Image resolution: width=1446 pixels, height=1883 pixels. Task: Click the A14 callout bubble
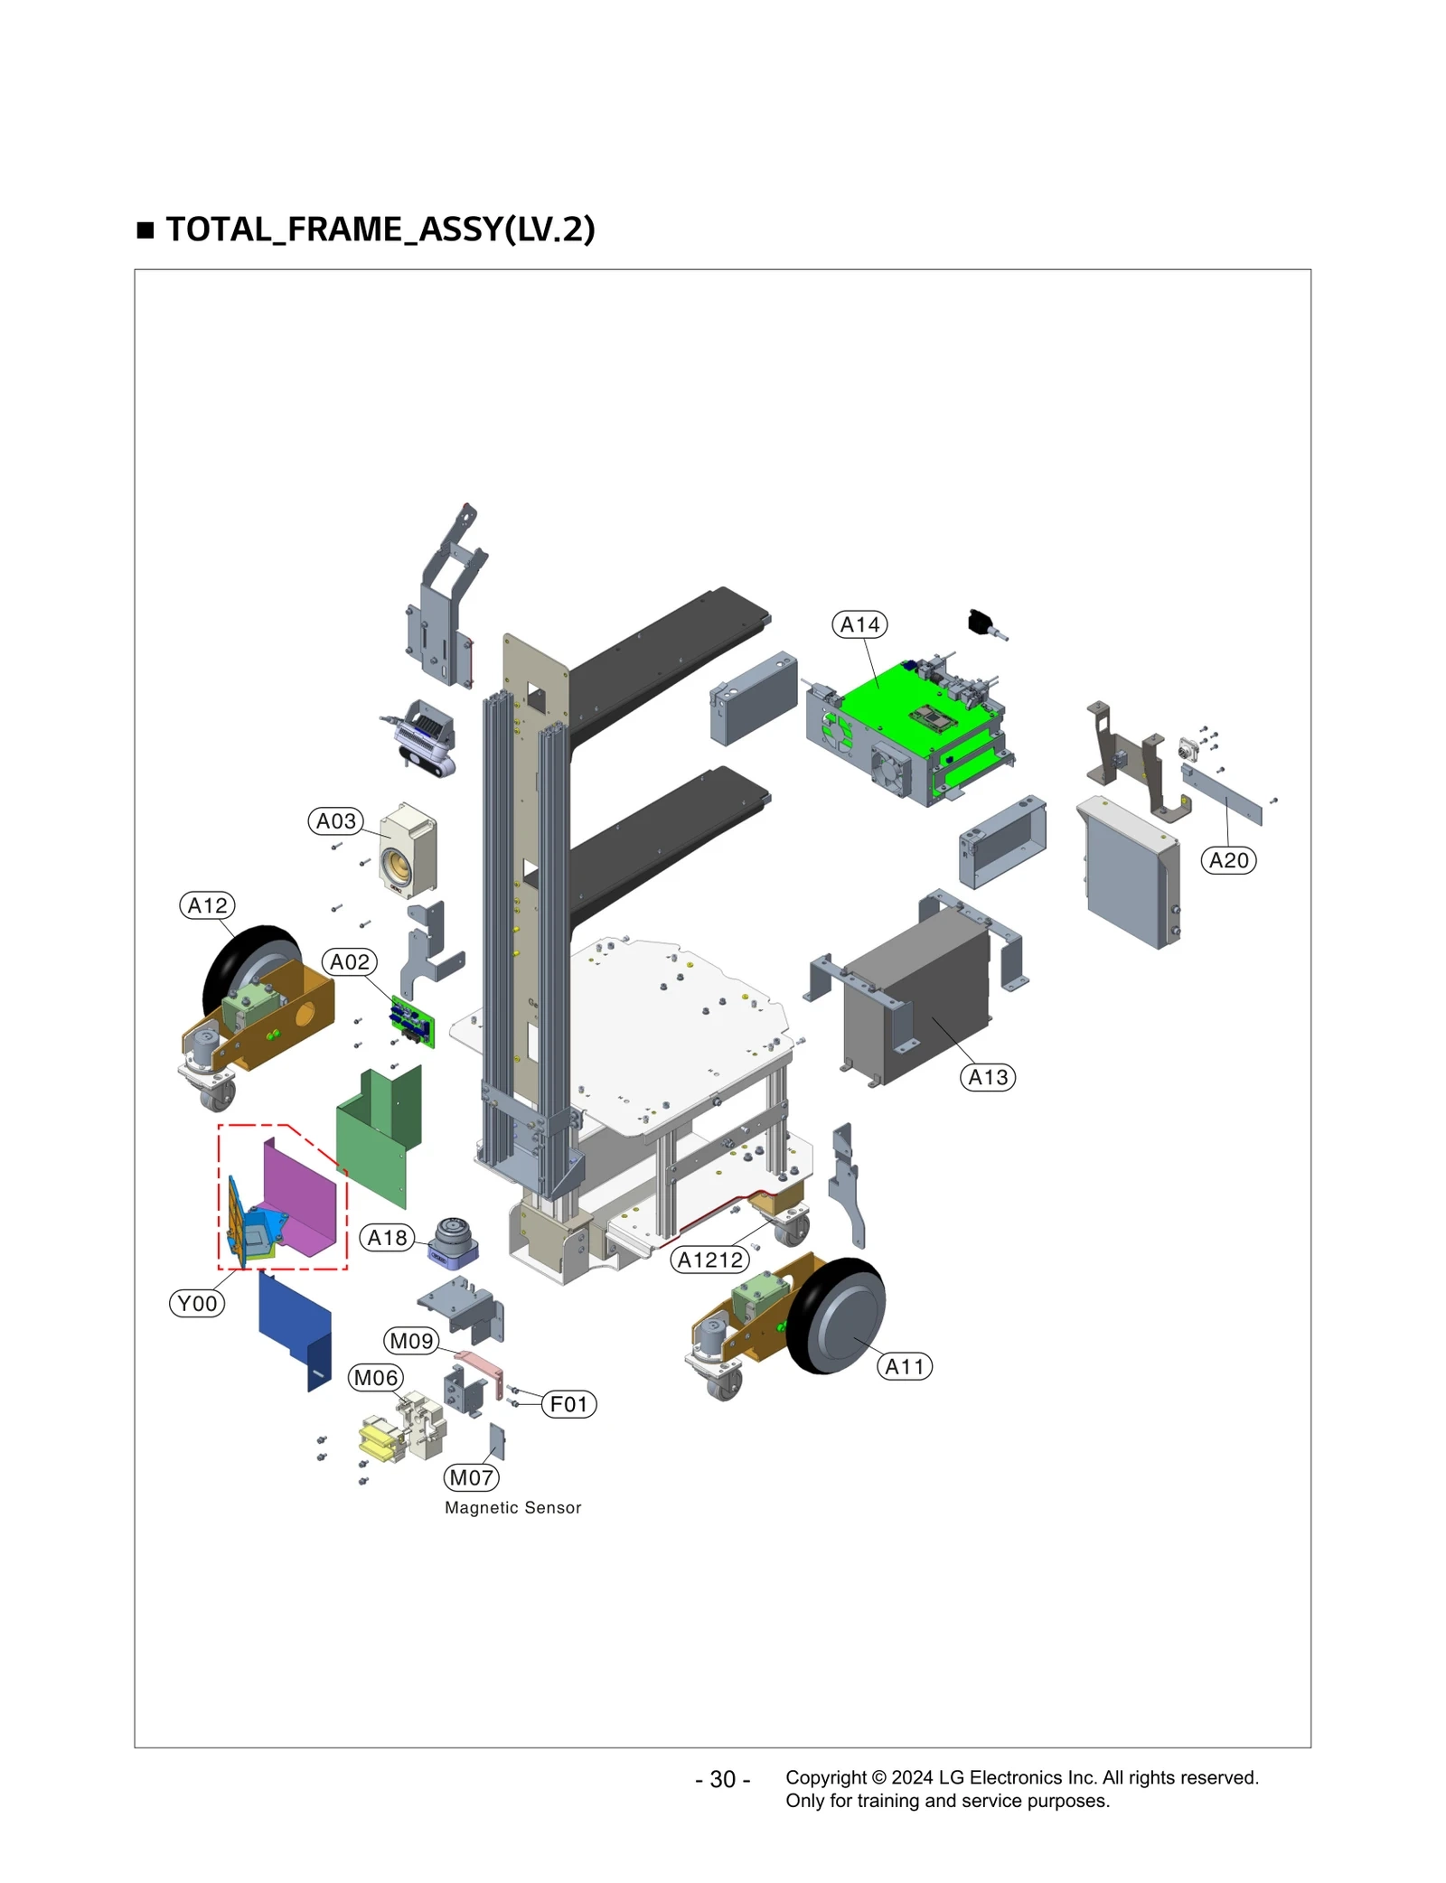click(x=859, y=624)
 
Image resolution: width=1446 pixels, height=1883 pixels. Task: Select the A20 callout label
click(x=1227, y=859)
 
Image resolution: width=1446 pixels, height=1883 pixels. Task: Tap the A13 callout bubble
click(x=987, y=1077)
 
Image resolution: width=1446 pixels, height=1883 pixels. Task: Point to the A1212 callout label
click(x=709, y=1260)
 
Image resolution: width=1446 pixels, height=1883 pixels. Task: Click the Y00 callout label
click(x=197, y=1303)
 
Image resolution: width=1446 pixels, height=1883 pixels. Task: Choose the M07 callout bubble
click(x=471, y=1477)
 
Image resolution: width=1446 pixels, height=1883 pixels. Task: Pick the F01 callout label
click(x=568, y=1403)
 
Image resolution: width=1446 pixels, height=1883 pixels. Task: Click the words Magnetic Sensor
click(x=512, y=1507)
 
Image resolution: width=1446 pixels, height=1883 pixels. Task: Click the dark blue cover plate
click(x=294, y=1328)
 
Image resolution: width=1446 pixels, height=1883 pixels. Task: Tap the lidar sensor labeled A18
click(x=452, y=1241)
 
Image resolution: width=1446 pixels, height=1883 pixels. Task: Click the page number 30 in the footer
click(x=721, y=1778)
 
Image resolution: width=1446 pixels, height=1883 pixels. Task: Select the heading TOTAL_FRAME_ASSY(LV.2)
click(x=380, y=229)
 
